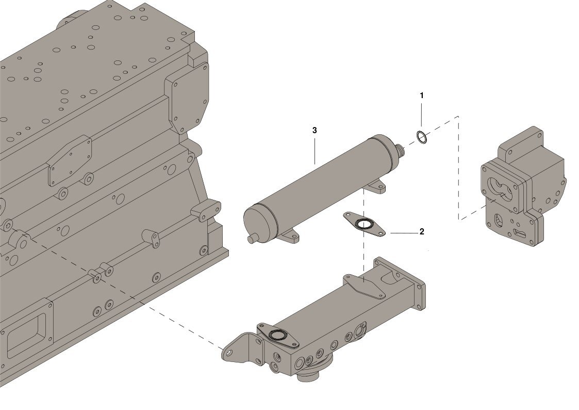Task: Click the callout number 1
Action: pyautogui.click(x=422, y=96)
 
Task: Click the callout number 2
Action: pyautogui.click(x=422, y=232)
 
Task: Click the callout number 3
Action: pyautogui.click(x=315, y=130)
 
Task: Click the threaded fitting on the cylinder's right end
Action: pyautogui.click(x=400, y=150)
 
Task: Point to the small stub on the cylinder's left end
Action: pyautogui.click(x=252, y=239)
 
